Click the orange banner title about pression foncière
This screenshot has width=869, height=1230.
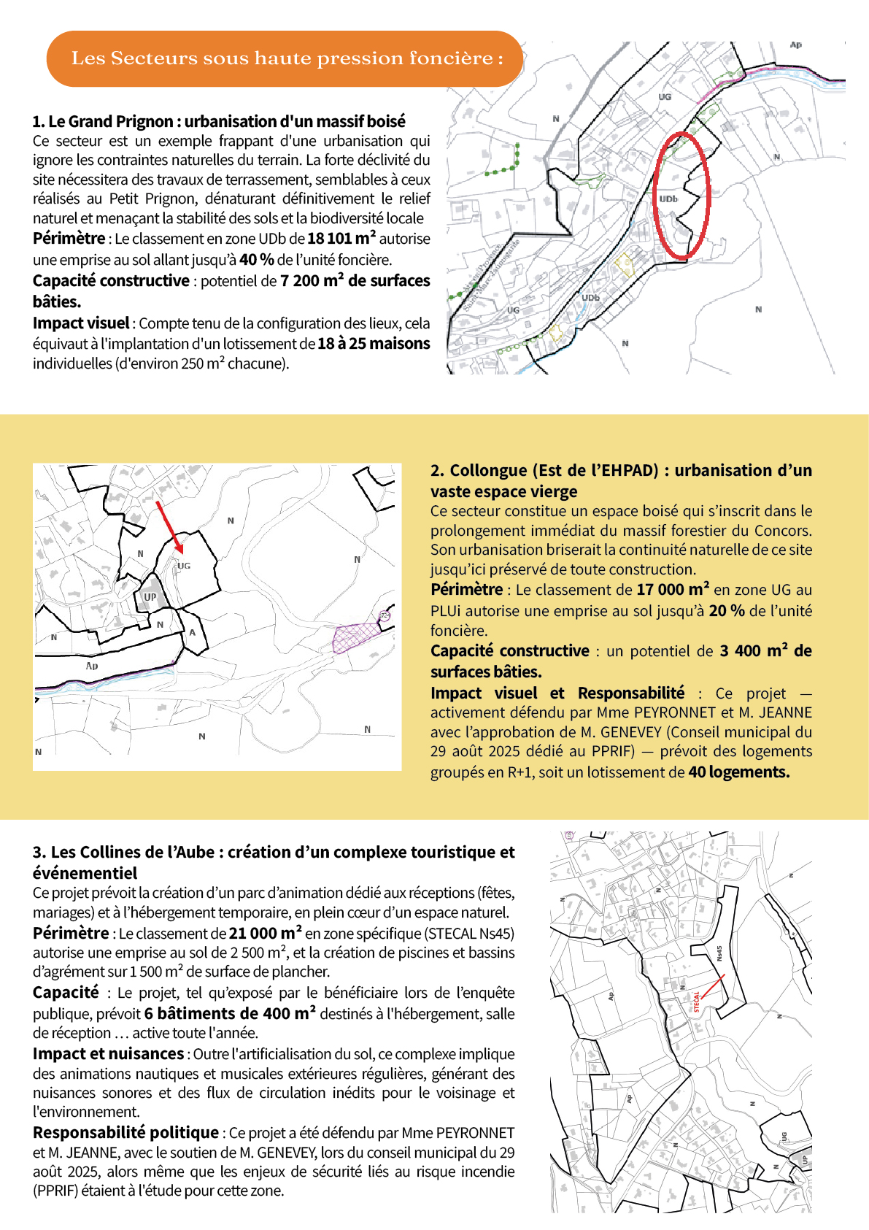(x=286, y=58)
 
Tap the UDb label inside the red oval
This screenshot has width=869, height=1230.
(x=668, y=199)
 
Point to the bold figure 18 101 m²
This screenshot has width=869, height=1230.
(x=341, y=239)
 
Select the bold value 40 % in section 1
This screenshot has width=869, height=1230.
(x=256, y=260)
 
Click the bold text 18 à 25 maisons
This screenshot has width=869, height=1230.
(x=374, y=344)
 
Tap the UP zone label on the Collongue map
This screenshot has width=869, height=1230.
(x=150, y=597)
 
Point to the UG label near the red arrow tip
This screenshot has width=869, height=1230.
(x=184, y=566)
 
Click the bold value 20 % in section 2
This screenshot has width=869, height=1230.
(x=726, y=611)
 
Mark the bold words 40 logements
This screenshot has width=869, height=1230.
(x=738, y=772)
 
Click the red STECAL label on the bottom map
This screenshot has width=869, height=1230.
(x=696, y=1002)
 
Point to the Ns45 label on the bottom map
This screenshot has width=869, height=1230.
(x=719, y=953)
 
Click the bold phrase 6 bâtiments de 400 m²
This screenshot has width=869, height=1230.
(x=230, y=1014)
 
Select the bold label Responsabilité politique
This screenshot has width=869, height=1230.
(x=125, y=1133)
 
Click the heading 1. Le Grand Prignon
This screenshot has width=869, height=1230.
(x=219, y=121)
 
